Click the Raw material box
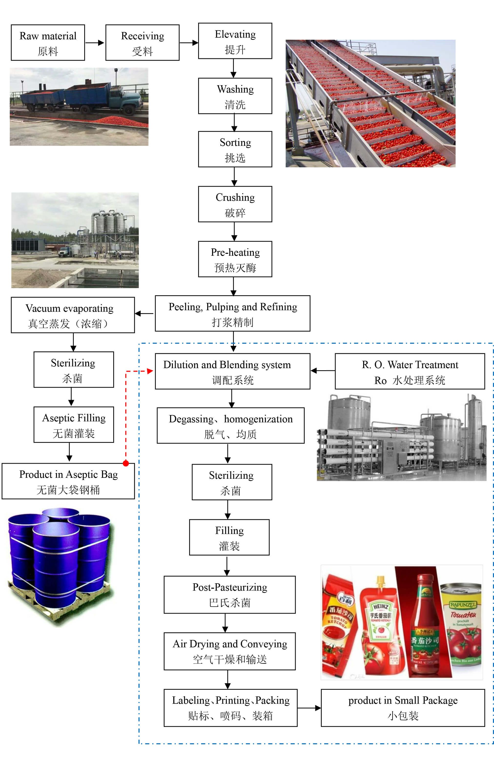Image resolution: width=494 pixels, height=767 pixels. pos(48,43)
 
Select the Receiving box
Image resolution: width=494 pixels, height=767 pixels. pos(143,43)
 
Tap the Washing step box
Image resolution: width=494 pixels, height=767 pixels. pos(235,96)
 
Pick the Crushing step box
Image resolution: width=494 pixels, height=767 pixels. pos(235,204)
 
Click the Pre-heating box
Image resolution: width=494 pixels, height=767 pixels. pos(235,259)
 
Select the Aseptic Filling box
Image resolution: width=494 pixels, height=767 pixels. pos(74,425)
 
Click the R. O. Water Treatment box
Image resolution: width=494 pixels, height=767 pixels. pos(410,372)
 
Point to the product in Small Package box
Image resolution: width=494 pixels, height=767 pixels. pos(403,708)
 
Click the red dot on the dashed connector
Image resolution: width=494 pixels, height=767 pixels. pos(126,463)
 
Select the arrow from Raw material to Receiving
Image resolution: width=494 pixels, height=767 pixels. pos(95,43)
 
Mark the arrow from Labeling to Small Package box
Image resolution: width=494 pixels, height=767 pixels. pos(309,708)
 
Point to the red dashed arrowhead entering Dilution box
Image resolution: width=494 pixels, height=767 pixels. pos(150,371)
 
